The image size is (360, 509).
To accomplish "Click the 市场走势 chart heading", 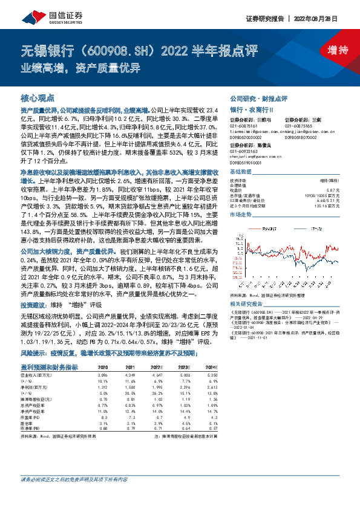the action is [241, 215].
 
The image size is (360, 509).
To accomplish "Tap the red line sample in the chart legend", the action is [254, 228].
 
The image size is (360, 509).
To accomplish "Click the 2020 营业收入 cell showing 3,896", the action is [103, 375].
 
